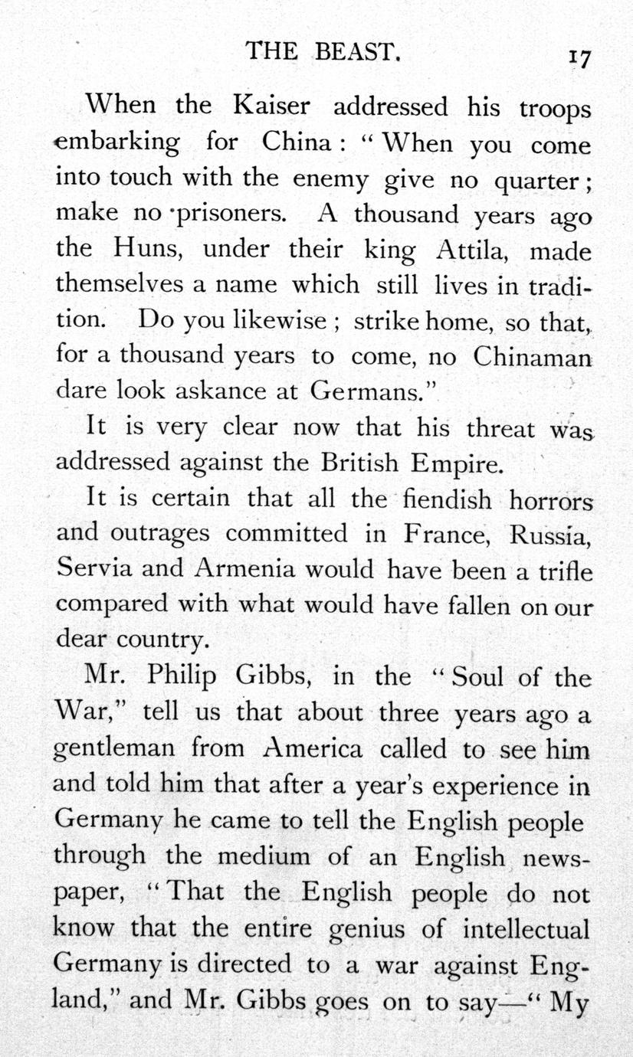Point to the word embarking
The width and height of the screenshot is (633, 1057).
(118, 142)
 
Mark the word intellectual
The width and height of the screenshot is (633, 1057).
(526, 929)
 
